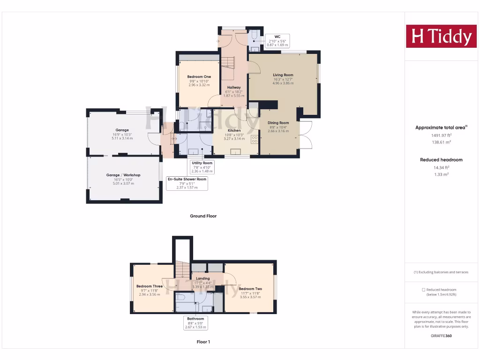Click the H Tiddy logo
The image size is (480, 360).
[441, 36]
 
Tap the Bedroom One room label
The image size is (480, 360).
[199, 77]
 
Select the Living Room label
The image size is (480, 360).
[283, 75]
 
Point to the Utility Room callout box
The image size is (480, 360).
[202, 167]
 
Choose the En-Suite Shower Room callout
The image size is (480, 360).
[187, 183]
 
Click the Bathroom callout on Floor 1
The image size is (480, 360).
[195, 323]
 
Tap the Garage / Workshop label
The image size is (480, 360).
[123, 175]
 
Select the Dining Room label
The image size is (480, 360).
[278, 123]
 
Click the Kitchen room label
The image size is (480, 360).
[234, 130]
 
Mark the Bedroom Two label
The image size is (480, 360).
[250, 289]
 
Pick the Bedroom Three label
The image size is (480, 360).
[150, 286]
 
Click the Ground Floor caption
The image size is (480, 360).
[203, 216]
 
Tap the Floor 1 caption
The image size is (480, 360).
[203, 342]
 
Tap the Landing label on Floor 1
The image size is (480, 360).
[203, 278]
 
